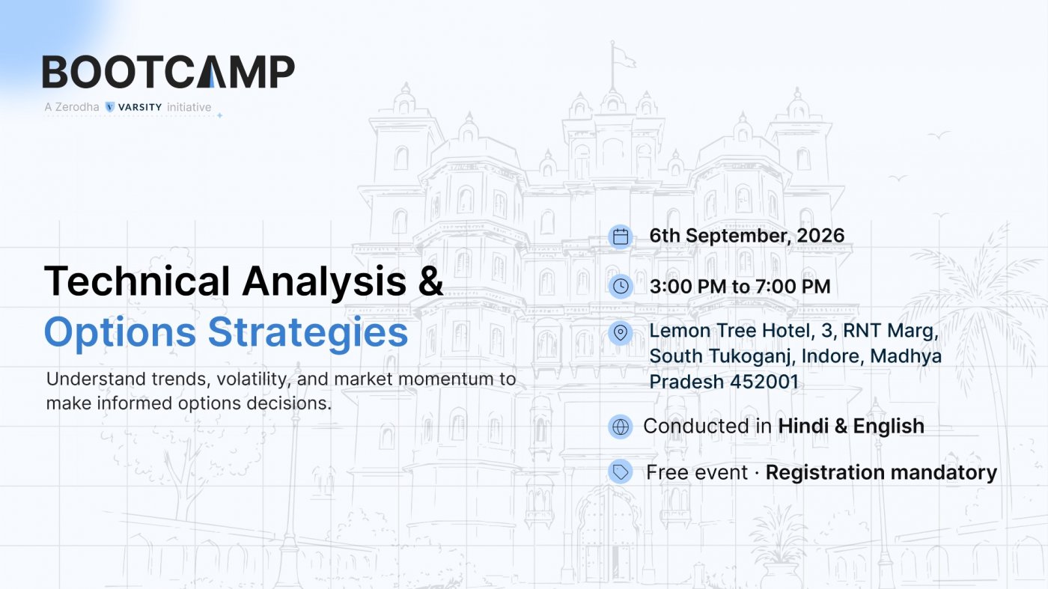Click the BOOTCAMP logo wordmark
(x=168, y=72)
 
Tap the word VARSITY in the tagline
(x=140, y=107)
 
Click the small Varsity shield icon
(x=110, y=107)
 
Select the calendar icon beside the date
(x=621, y=236)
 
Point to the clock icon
(x=621, y=287)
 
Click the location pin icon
(x=621, y=332)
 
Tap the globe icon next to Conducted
(x=621, y=427)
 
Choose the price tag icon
(x=621, y=471)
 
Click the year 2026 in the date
(x=820, y=235)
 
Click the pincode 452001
(x=764, y=382)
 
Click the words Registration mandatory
(x=882, y=472)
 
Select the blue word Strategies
(x=308, y=332)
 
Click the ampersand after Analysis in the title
(x=431, y=281)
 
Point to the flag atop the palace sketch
(x=624, y=57)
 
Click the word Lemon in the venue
(x=680, y=331)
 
